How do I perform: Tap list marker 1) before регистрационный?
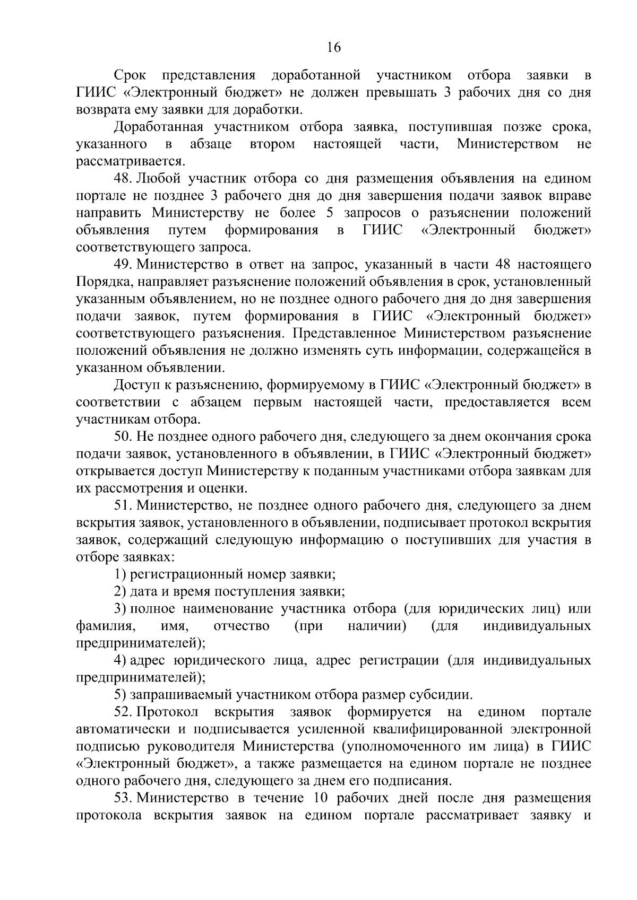point(120,574)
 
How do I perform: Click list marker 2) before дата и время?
point(120,591)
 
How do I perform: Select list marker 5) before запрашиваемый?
point(120,695)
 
